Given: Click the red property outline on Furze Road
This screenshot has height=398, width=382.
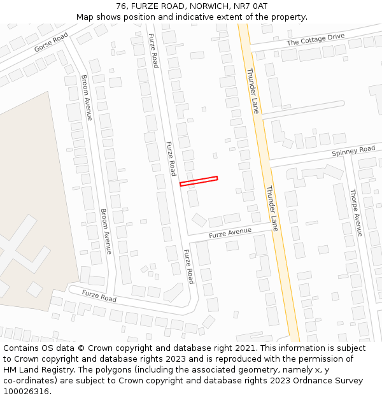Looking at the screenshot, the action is pos(199,181).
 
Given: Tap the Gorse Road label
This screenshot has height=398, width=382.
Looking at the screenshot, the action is pos(51,43).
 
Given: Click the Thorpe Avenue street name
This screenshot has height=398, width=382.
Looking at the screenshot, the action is pos(356,213).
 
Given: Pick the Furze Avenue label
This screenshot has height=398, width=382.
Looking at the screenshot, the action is pos(230,232).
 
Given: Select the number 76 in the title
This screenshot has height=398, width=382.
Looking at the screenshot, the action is pos(121,6).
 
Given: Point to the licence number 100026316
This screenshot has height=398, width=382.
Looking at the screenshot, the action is pos(27,391).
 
